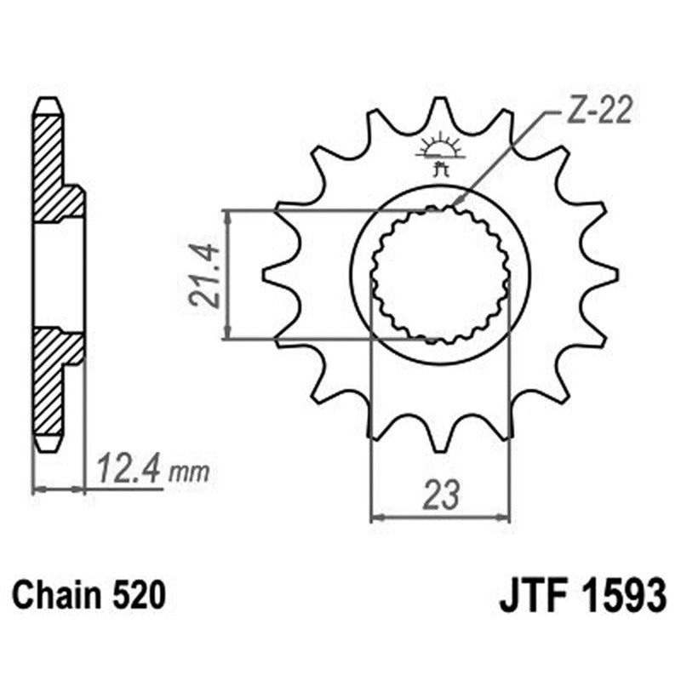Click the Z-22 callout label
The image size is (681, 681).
(596, 114)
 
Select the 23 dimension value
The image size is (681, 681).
(440, 495)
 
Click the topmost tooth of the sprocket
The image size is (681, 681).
(440, 108)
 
